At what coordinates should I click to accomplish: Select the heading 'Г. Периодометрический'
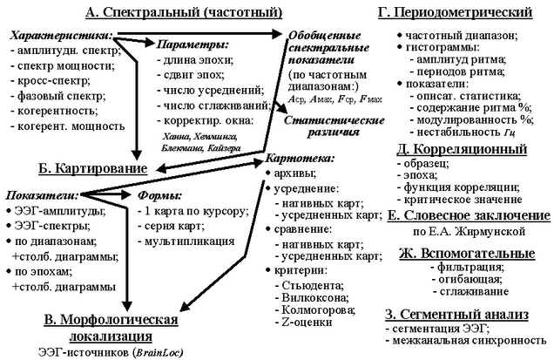coord(456,12)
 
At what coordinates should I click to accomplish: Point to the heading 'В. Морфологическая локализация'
coord(110,328)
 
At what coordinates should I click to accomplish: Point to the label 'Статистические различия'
coord(321,123)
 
